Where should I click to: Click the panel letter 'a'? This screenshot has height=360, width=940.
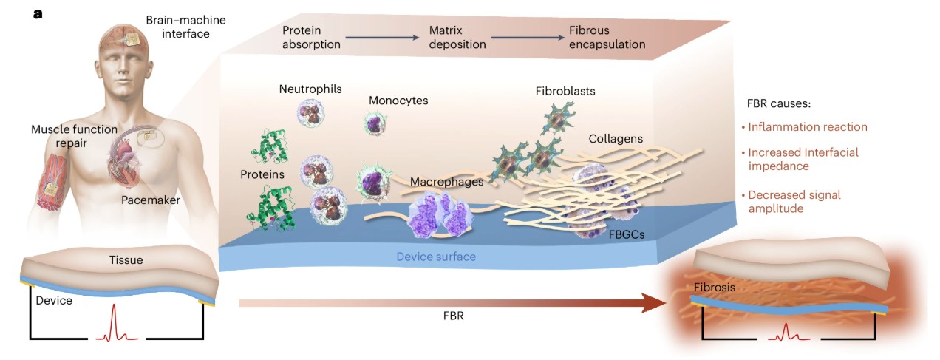click(x=38, y=13)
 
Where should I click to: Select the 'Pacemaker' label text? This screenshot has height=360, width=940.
click(x=151, y=200)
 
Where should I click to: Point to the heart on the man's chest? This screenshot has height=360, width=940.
click(x=123, y=158)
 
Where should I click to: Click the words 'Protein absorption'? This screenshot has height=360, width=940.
click(x=311, y=38)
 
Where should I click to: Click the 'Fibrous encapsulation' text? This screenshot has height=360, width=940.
click(x=607, y=38)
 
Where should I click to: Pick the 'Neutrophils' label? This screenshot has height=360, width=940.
click(x=310, y=89)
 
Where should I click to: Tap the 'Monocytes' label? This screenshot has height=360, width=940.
click(x=398, y=100)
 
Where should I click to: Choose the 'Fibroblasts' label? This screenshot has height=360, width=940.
click(x=565, y=92)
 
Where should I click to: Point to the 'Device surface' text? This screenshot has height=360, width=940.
click(x=436, y=257)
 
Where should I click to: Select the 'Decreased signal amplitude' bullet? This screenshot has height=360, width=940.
click(x=794, y=202)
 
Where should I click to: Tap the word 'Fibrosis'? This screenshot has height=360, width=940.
click(x=715, y=287)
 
